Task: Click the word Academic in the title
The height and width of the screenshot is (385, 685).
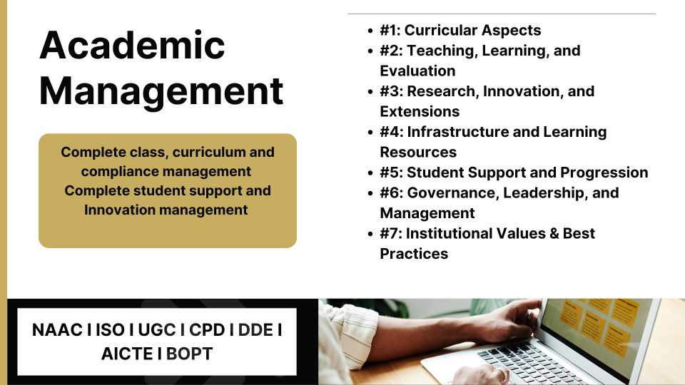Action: [x=133, y=45]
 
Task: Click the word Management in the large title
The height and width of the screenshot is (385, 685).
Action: [x=162, y=91]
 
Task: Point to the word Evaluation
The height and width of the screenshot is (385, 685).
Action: [x=417, y=71]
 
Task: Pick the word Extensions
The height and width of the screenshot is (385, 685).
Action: [x=420, y=111]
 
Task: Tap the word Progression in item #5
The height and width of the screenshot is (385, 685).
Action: [x=604, y=173]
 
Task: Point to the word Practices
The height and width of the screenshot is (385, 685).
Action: [x=414, y=254]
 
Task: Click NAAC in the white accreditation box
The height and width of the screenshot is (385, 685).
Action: [x=57, y=330]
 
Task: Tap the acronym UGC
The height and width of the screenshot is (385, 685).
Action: [x=157, y=330]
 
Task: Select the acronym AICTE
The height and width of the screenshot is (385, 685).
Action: [x=127, y=354]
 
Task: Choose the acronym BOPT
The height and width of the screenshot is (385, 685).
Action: [x=190, y=354]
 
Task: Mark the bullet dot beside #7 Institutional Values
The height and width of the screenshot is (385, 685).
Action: [x=370, y=234]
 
